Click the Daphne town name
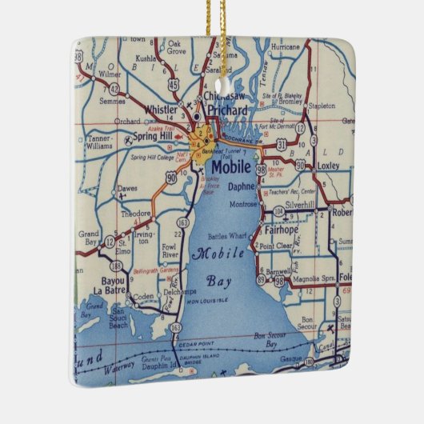coord(241,186)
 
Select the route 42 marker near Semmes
coord(115,89)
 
